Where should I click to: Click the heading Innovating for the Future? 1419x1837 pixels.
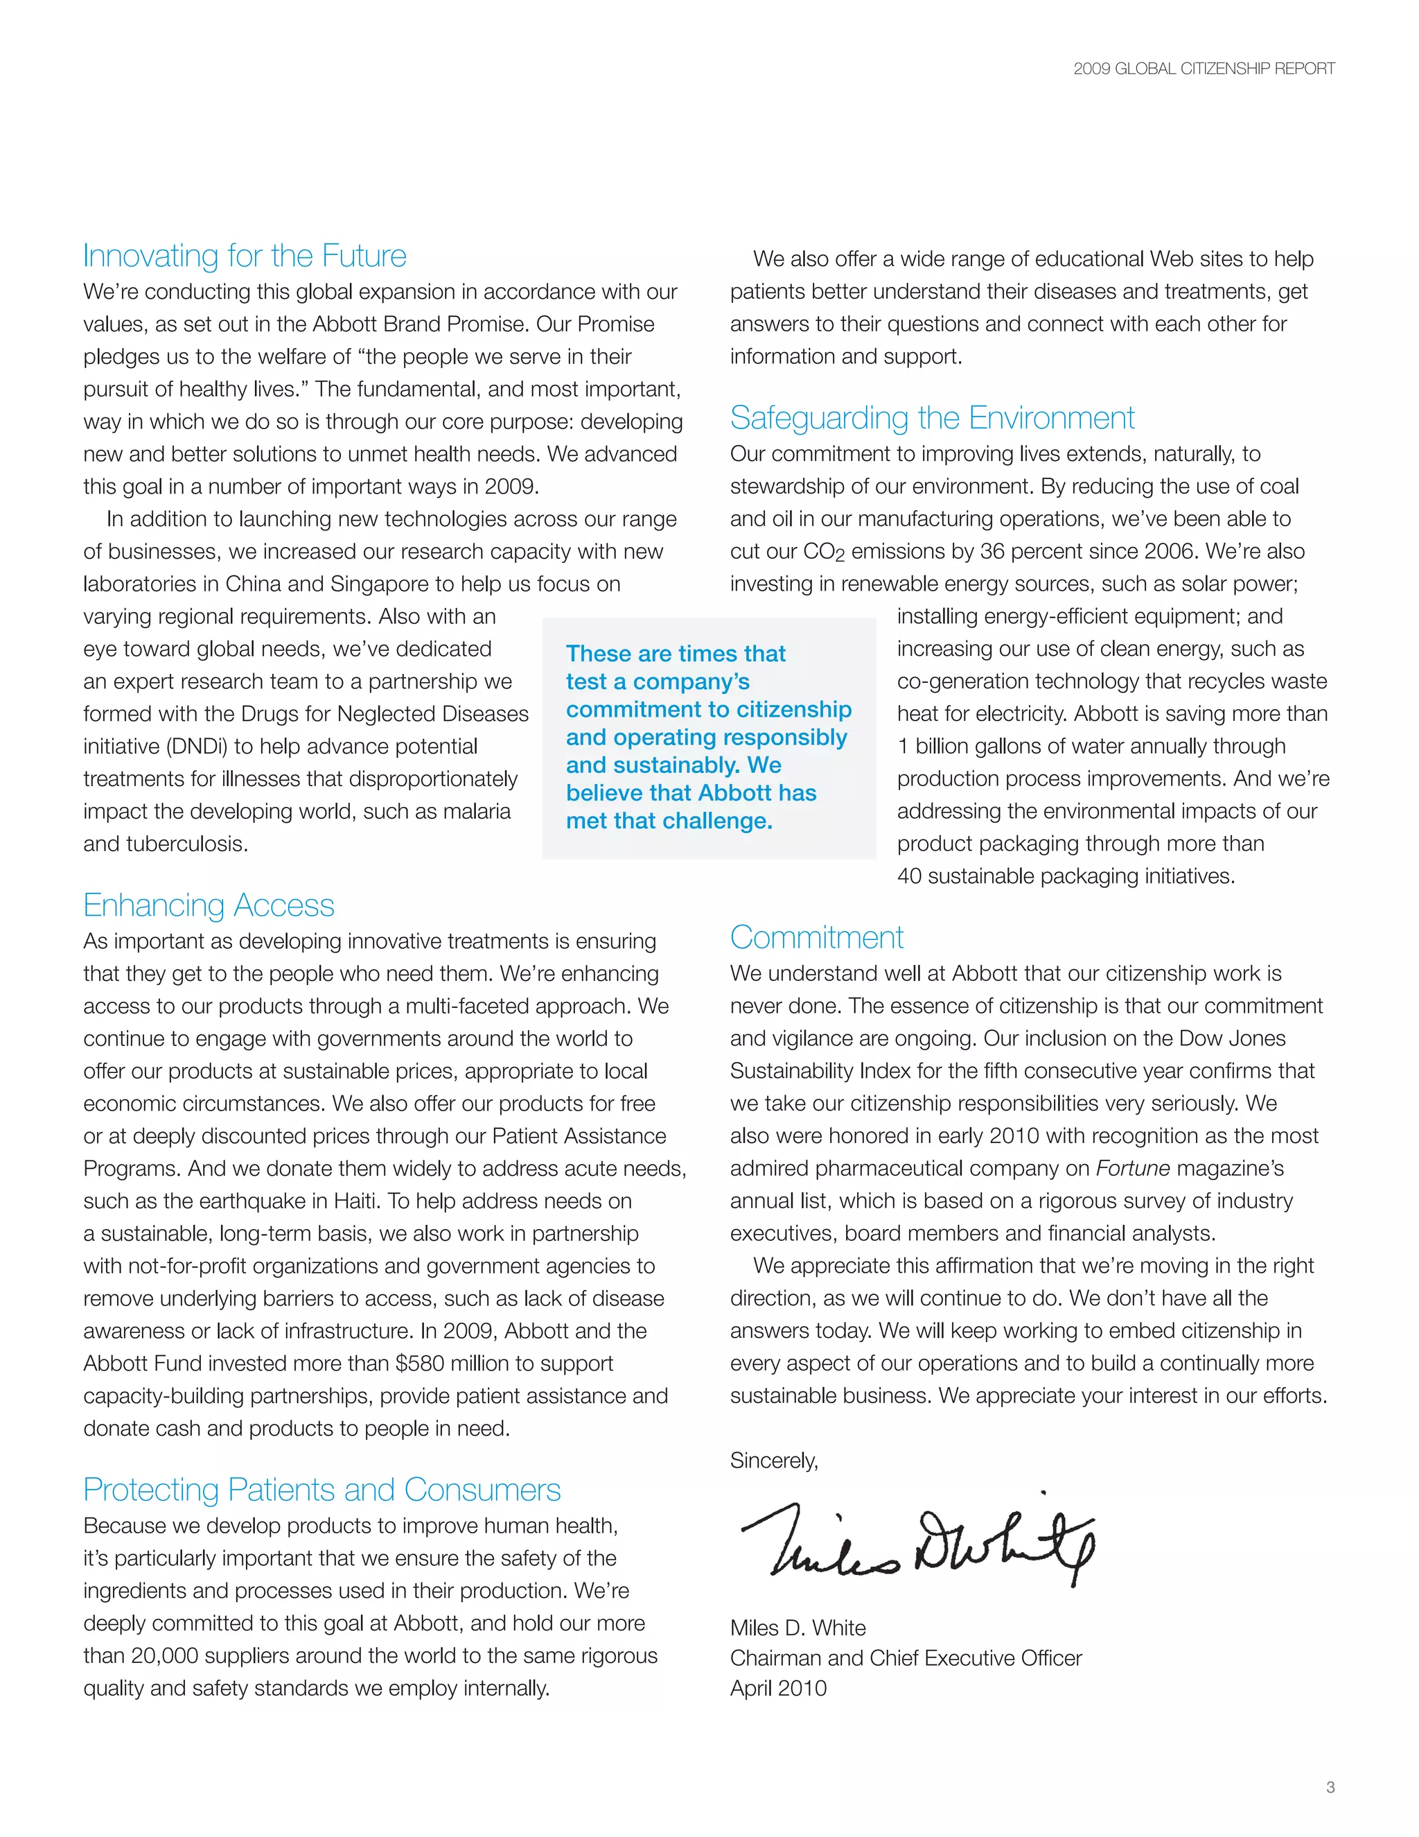[245, 256]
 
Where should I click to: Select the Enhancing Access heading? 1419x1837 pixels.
[209, 905]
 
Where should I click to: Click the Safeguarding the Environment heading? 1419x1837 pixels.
[931, 418]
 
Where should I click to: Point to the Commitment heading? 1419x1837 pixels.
[816, 937]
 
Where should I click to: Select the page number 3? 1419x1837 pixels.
[1330, 1787]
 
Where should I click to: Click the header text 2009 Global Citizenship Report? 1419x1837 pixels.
[1203, 69]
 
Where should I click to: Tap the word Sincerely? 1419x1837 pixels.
[773, 1460]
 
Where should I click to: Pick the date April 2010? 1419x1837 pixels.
[777, 1688]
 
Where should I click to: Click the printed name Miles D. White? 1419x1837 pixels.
[797, 1628]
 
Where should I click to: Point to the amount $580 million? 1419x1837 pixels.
[461, 1364]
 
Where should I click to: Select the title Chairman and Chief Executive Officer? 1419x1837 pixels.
[906, 1658]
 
